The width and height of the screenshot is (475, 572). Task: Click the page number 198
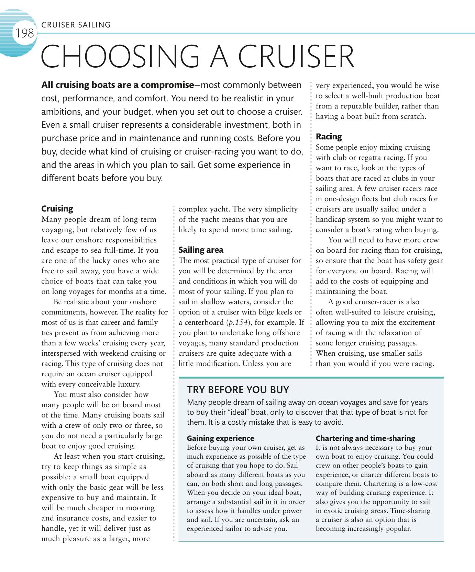click(24, 33)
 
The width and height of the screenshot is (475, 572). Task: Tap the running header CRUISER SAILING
click(76, 25)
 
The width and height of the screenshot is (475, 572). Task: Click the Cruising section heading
click(57, 209)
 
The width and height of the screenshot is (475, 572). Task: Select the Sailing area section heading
click(201, 250)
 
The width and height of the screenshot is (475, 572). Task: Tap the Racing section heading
click(329, 137)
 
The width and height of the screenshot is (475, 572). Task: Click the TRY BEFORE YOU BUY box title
click(238, 390)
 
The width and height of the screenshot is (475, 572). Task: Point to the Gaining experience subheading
click(220, 438)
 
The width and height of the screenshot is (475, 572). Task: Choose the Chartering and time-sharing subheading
click(365, 438)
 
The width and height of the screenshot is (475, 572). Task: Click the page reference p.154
click(237, 322)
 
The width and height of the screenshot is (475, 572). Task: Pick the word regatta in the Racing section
click(373, 158)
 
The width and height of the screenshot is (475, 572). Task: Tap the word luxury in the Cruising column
click(128, 384)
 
